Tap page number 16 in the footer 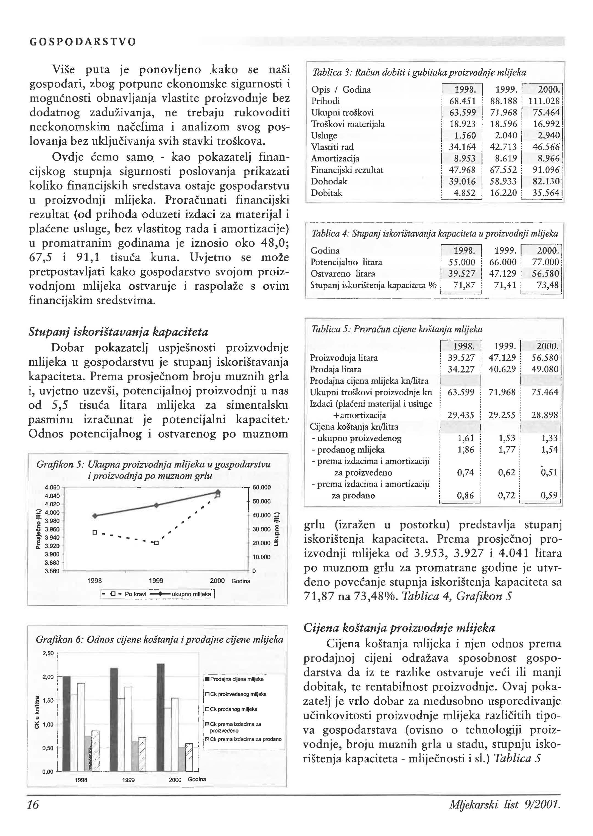click(x=33, y=805)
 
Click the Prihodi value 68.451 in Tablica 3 click(x=462, y=101)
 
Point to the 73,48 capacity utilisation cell click(x=548, y=285)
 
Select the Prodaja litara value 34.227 click(x=461, y=369)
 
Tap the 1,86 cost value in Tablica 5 click(x=466, y=450)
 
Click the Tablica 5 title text click(x=396, y=329)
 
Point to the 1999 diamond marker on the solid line click(x=156, y=505)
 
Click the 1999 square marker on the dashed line click(x=156, y=543)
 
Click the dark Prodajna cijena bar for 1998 click(x=67, y=723)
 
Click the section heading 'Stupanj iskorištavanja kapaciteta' click(x=118, y=332)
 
